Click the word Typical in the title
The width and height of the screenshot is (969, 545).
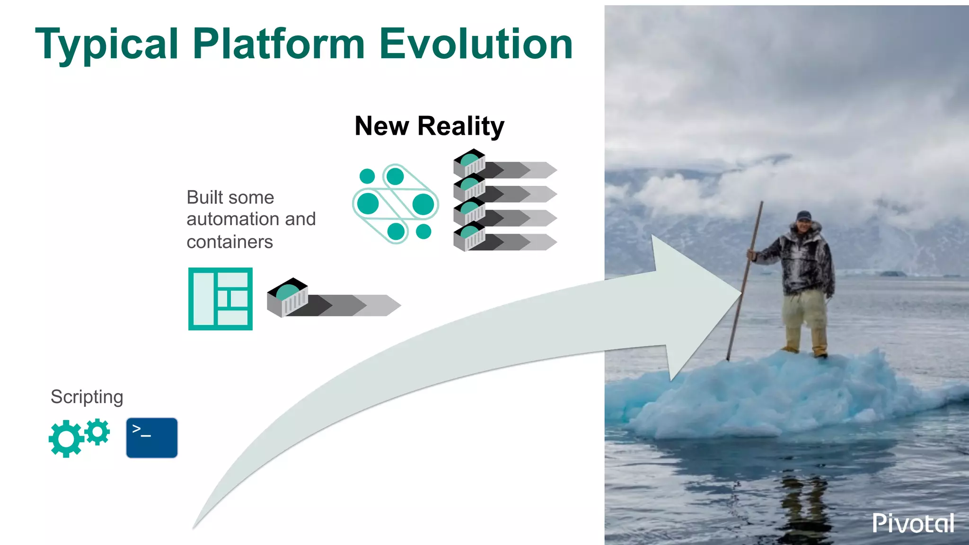(106, 45)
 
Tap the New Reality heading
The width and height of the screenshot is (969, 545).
(429, 126)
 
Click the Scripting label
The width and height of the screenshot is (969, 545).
(87, 396)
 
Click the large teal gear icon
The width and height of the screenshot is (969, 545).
(66, 439)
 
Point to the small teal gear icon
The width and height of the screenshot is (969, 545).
(98, 431)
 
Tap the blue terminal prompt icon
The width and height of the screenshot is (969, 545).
(152, 438)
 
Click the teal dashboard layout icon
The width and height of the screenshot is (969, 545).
(220, 299)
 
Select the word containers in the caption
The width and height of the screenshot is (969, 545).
(229, 242)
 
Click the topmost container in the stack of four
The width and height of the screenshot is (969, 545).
(469, 162)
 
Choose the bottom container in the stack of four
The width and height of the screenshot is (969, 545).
(469, 236)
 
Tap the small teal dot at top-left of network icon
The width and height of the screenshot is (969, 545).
(367, 176)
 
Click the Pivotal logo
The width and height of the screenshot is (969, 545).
(913, 523)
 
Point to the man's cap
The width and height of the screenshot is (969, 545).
(803, 215)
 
